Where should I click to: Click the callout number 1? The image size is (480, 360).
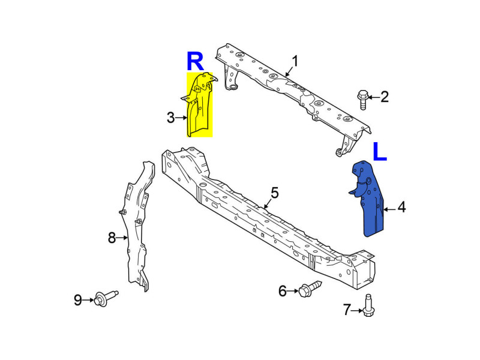pos(295,61)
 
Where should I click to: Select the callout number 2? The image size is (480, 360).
pos(385,97)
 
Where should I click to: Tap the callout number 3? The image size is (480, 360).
pos(171,118)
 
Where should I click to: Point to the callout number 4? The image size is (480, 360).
pos(401,207)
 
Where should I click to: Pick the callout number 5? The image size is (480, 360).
pos(275,193)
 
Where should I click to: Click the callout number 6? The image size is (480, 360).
pos(282,291)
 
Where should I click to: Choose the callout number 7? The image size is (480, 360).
pos(347,310)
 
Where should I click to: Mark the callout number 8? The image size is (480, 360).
pos(112,238)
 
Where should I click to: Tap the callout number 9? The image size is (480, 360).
pos(78,300)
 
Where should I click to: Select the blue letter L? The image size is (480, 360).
pos(380,151)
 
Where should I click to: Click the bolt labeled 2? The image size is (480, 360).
pos(363,100)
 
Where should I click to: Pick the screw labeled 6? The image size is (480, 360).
pos(310,289)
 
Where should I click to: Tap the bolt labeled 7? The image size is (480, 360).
pos(368,305)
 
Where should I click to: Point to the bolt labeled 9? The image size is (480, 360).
pos(106,298)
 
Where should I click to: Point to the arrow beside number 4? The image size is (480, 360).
pos(389,209)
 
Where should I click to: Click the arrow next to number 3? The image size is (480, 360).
pos(181,118)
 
